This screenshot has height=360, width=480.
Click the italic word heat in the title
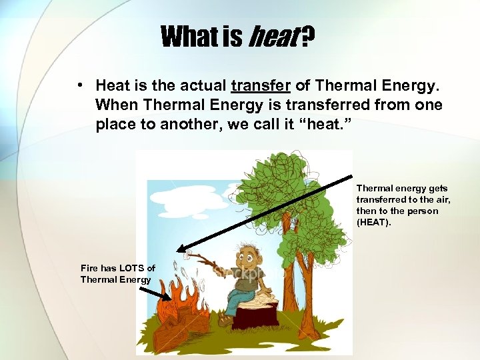tap(273, 37)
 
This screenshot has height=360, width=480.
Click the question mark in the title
tap(307, 37)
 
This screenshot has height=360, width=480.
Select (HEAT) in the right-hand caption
tap(374, 222)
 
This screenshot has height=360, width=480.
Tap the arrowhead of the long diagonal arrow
tap(181, 249)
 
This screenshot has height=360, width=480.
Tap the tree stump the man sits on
tap(256, 313)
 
